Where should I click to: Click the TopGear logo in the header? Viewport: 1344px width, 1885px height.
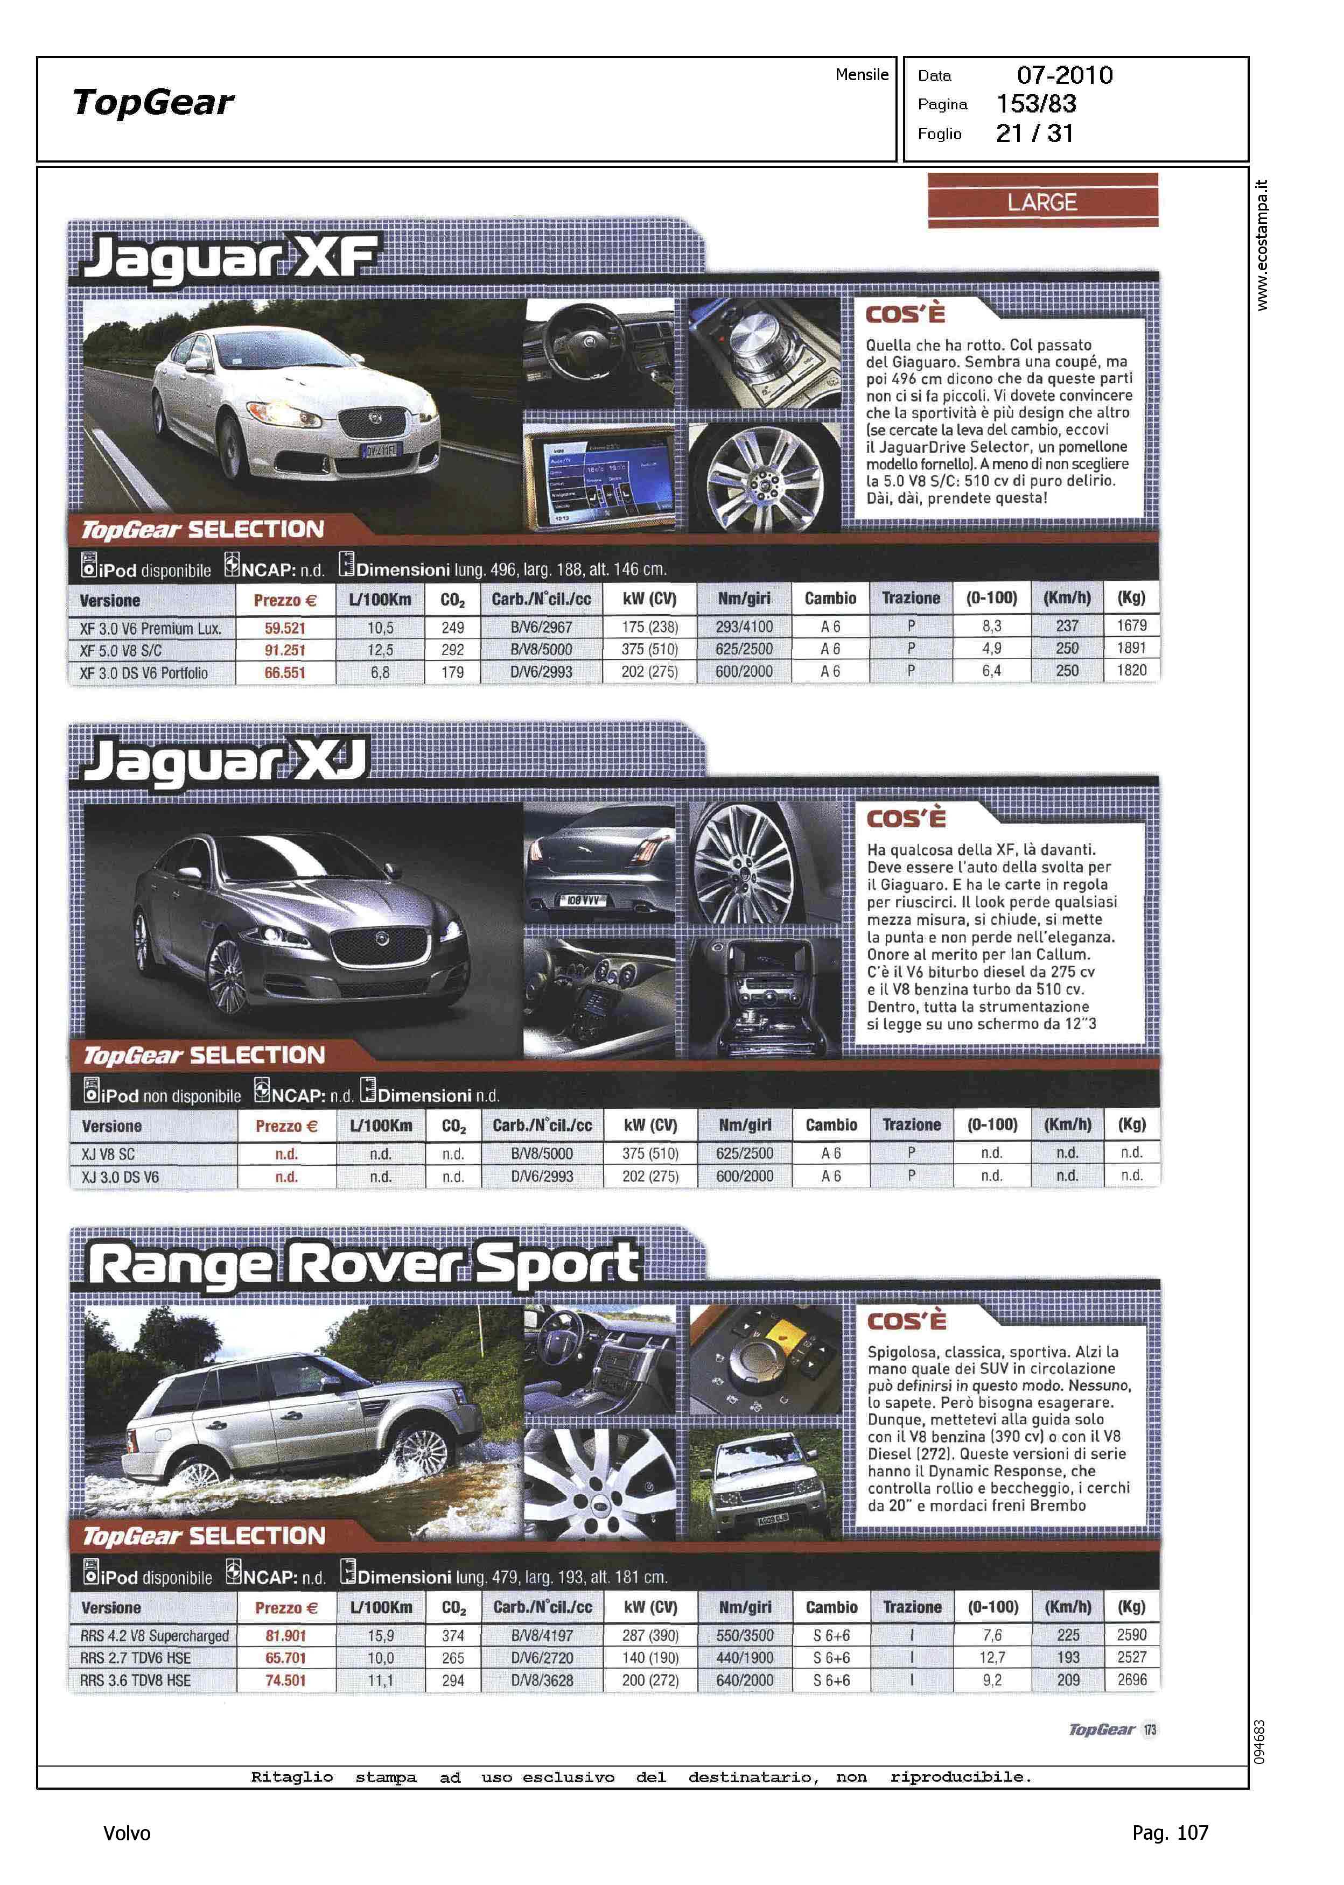point(153,103)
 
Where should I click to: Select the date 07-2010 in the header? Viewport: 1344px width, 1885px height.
point(1065,75)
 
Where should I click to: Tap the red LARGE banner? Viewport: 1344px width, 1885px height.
point(1042,202)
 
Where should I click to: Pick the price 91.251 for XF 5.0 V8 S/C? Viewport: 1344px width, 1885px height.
point(285,650)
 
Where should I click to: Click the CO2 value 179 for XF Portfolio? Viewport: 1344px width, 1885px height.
point(453,672)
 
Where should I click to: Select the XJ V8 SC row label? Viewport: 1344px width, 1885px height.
point(108,1154)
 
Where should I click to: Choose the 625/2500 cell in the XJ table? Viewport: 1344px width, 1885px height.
point(745,1153)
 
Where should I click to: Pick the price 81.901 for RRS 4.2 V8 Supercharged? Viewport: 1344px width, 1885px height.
point(285,1635)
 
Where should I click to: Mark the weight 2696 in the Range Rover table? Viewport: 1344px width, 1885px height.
point(1131,1680)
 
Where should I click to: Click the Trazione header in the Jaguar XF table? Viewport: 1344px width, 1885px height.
point(911,598)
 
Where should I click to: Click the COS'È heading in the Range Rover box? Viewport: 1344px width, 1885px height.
point(906,1321)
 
